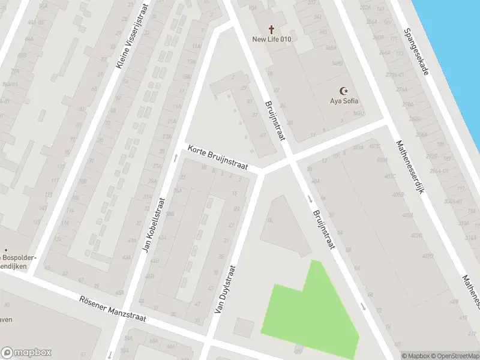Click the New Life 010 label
point(271,40)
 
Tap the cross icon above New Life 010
point(271,29)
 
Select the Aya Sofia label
point(344,101)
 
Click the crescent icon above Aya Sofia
point(344,91)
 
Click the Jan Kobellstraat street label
point(154,223)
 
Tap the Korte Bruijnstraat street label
point(217,158)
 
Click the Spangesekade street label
point(416,52)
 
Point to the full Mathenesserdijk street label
point(409,167)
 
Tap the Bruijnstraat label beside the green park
point(324,230)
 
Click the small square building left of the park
point(244,328)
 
